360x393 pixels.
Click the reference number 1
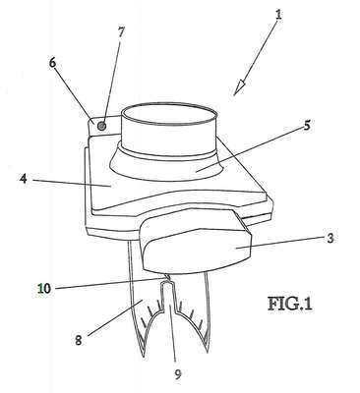coord(278,15)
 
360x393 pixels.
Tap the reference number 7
coord(121,32)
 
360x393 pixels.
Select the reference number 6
coord(53,63)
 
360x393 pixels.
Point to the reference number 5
coord(307,126)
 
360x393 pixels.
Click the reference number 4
coord(23,179)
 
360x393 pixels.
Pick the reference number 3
coord(330,238)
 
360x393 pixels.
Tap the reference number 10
coord(44,289)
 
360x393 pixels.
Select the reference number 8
coord(78,341)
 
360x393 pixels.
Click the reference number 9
coord(177,374)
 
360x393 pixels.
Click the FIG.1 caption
coord(289,304)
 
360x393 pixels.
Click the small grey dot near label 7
coord(102,126)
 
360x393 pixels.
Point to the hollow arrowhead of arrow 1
coord(240,87)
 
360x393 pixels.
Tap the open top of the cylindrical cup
coord(169,114)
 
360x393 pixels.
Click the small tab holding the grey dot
coord(102,126)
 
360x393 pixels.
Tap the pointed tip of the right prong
coord(209,353)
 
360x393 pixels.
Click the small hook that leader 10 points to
coord(167,278)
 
